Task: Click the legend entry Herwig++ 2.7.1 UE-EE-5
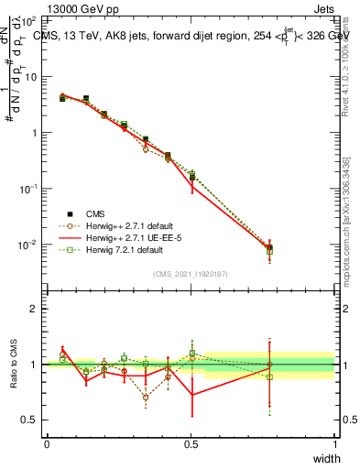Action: pos(126,237)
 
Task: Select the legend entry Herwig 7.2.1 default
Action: pos(120,249)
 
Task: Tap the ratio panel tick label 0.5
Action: pos(30,420)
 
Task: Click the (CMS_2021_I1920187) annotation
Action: pos(190,274)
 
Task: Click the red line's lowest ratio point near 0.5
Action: pos(191,395)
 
